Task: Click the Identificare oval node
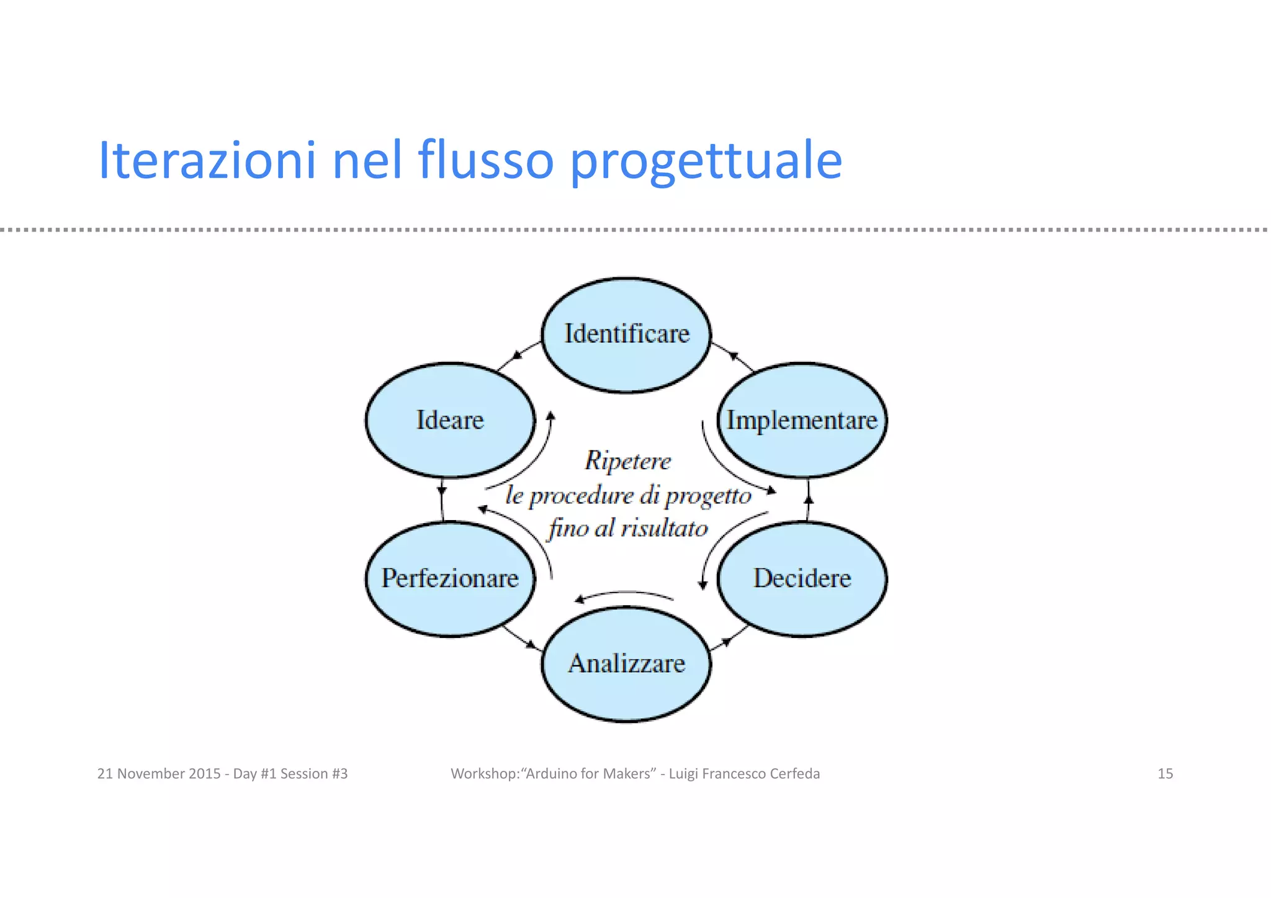point(626,334)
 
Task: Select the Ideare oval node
point(450,420)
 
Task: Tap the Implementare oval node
point(802,420)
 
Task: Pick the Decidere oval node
point(802,578)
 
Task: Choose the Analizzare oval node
point(626,664)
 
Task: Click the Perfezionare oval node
point(450,578)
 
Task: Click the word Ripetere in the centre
point(627,461)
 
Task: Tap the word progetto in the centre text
point(708,496)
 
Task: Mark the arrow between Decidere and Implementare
point(808,500)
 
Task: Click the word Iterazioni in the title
point(207,160)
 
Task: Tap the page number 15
point(1165,774)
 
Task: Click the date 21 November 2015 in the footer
point(159,774)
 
